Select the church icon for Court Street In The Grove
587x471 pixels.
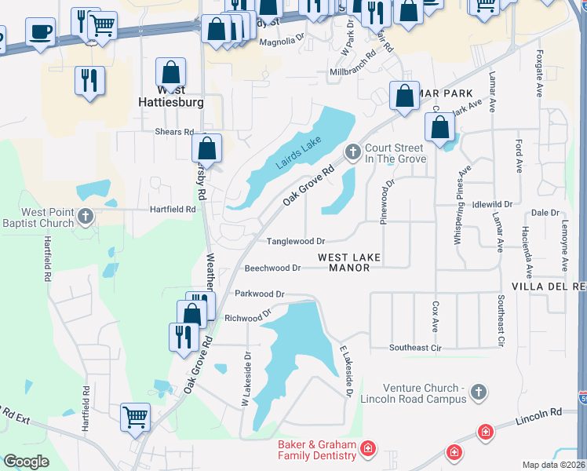coord(353,152)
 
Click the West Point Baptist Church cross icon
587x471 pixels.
coord(86,216)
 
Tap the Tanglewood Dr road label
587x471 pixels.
coord(296,242)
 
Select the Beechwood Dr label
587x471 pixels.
coord(272,268)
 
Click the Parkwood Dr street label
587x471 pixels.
coord(259,294)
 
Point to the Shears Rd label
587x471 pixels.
coord(174,132)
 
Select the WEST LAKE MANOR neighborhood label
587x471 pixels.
coord(349,262)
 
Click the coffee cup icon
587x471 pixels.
coord(40,31)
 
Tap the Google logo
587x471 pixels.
coord(26,462)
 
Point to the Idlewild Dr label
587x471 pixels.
coord(493,204)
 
